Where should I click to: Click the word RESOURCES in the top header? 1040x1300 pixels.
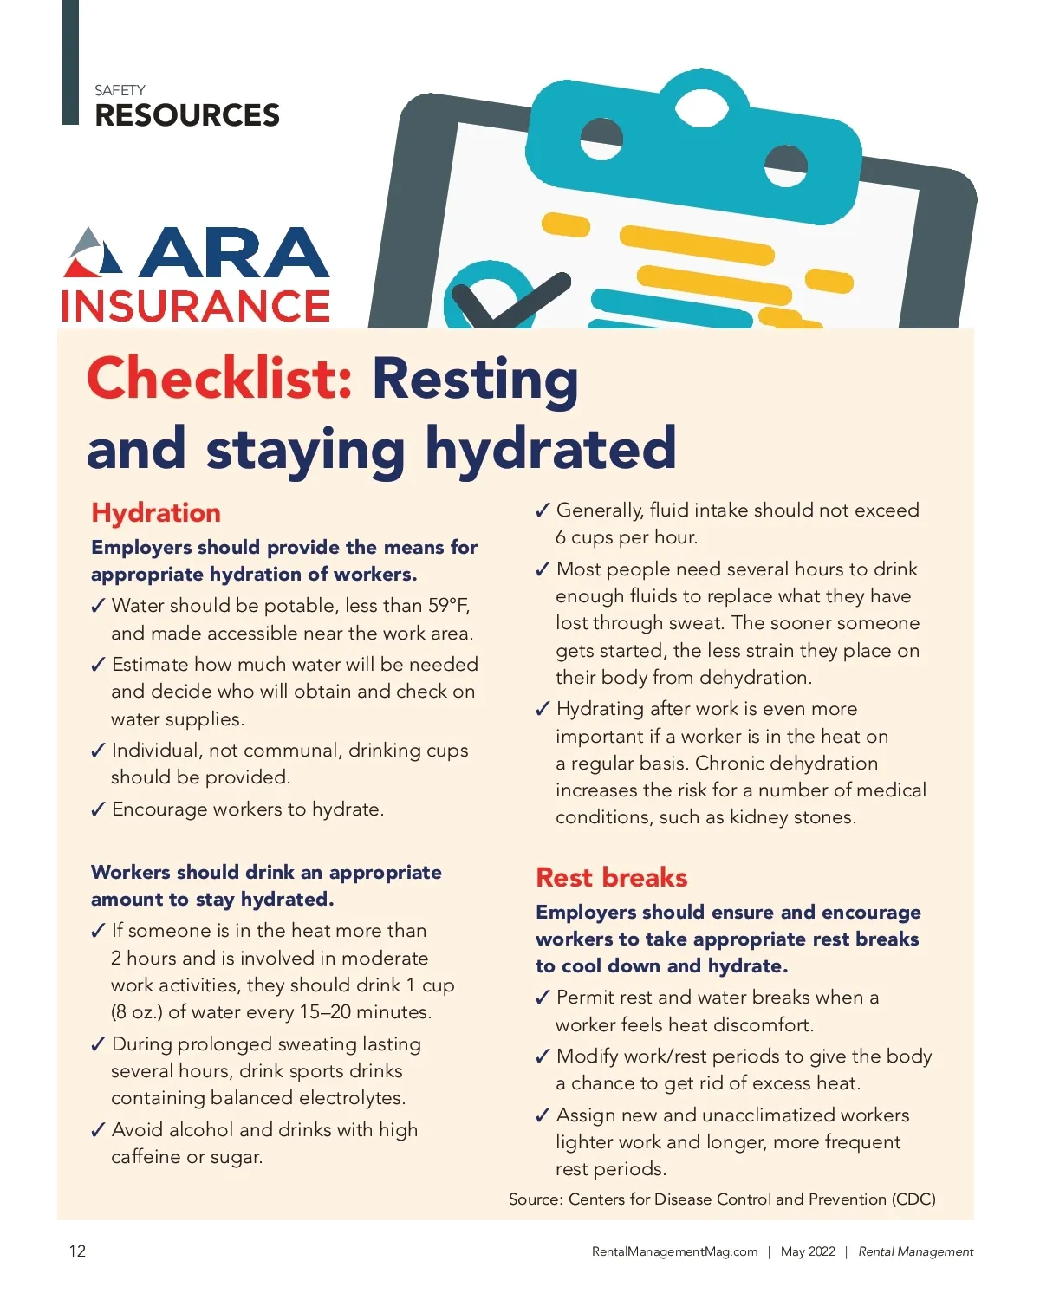pyautogui.click(x=187, y=115)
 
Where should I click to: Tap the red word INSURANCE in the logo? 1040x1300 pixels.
pyautogui.click(x=196, y=306)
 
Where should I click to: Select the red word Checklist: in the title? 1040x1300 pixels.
pyautogui.click(x=219, y=379)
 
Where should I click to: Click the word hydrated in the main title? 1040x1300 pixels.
pyautogui.click(x=550, y=448)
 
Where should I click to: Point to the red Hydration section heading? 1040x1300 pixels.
pyautogui.click(x=156, y=512)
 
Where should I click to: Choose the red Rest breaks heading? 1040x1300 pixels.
pyautogui.click(x=611, y=877)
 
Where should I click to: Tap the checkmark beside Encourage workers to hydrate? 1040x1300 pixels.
pyautogui.click(x=98, y=810)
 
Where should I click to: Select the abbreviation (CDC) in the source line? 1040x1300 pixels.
pyautogui.click(x=913, y=1199)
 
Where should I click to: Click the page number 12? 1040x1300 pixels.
pyautogui.click(x=77, y=1251)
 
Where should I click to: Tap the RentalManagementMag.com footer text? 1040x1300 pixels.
pyautogui.click(x=674, y=1251)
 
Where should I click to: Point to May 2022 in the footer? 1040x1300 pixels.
pyautogui.click(x=808, y=1251)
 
